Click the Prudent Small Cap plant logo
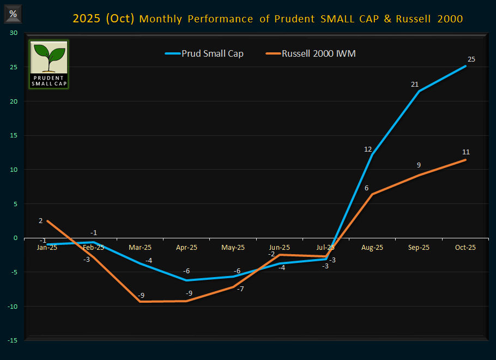coord(49,64)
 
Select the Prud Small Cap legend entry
coord(204,53)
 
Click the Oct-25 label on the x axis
coord(465,247)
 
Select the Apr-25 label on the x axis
coord(186,247)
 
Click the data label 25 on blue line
coord(471,59)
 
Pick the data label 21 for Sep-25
coord(414,84)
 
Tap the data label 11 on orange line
coord(465,152)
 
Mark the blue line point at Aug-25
coord(372,154)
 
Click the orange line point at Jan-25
coord(47,221)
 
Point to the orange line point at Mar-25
coord(140,302)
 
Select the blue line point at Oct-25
coord(465,66)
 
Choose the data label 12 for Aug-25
coord(368,149)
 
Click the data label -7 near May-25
coord(240,288)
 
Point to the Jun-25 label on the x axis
coord(279,247)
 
